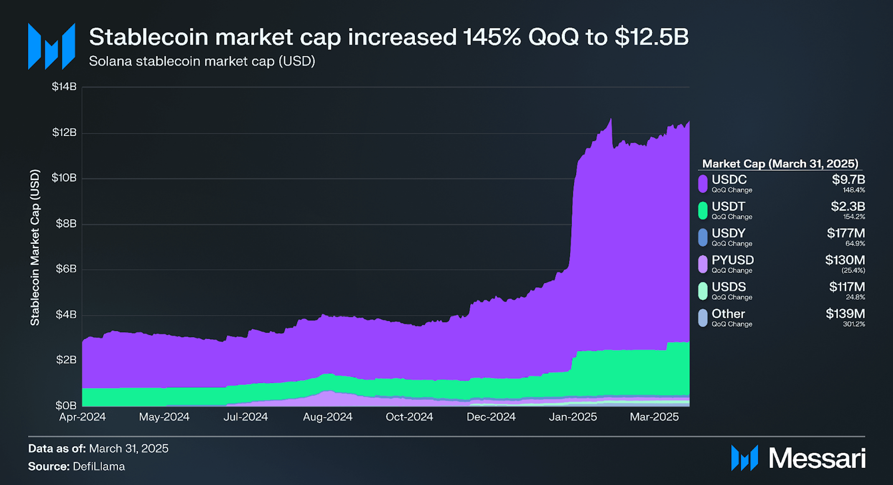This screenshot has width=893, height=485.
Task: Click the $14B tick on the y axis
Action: (x=64, y=86)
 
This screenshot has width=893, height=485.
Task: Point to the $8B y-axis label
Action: (x=66, y=224)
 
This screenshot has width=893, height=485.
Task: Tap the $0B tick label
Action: (x=66, y=405)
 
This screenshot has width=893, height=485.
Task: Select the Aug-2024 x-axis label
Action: (x=328, y=417)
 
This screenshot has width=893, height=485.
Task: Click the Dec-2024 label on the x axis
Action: (x=491, y=417)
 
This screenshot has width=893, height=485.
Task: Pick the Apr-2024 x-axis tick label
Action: (x=83, y=417)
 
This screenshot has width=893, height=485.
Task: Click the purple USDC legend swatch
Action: (x=703, y=184)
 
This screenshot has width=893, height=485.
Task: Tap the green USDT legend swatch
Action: (x=703, y=210)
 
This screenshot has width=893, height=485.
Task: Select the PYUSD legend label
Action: (x=732, y=260)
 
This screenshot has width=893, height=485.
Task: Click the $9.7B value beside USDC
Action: (x=848, y=179)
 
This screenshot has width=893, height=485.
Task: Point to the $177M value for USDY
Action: (x=846, y=233)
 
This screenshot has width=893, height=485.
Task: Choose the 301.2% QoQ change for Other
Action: (x=854, y=324)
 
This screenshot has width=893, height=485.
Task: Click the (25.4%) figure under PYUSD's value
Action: (x=853, y=270)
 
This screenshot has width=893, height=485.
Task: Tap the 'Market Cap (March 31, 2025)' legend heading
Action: (x=780, y=164)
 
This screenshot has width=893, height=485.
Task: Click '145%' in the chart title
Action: (x=492, y=37)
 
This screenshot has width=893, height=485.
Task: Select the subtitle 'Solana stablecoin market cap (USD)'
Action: (x=202, y=61)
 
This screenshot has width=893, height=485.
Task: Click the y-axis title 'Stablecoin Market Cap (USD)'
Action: (x=35, y=248)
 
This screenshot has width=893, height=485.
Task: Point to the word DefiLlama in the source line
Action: (x=99, y=466)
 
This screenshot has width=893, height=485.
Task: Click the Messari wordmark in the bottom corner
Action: (x=817, y=458)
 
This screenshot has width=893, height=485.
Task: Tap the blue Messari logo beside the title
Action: (x=51, y=46)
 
